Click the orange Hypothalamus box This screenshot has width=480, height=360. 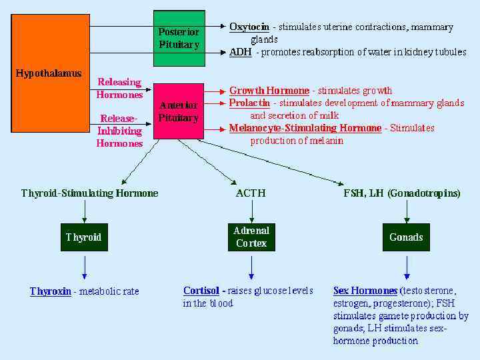(x=51, y=73)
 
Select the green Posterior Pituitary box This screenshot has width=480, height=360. (x=179, y=39)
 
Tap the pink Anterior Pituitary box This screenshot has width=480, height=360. (x=179, y=111)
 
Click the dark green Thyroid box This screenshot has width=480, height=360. (x=84, y=237)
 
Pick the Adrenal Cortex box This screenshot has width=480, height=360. (x=251, y=237)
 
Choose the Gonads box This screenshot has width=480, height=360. (x=406, y=237)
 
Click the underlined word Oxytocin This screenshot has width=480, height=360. (x=249, y=27)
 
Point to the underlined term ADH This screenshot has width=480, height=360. (x=241, y=52)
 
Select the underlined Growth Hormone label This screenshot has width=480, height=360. (x=269, y=91)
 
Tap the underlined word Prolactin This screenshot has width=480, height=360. (x=249, y=103)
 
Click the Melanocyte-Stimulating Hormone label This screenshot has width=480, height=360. (x=305, y=128)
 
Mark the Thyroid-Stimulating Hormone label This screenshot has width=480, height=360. (x=90, y=193)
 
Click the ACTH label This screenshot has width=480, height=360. (x=251, y=193)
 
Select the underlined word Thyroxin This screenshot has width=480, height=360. (x=51, y=291)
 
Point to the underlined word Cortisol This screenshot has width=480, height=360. (x=202, y=291)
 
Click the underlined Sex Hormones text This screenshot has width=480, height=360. (x=365, y=291)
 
